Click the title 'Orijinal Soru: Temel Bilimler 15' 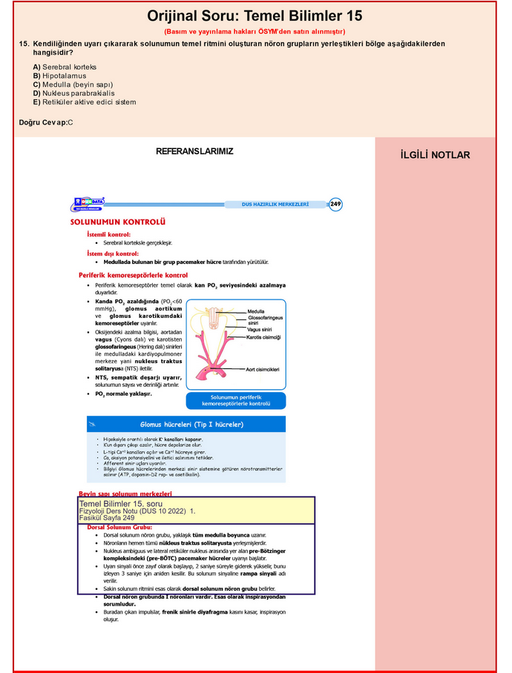255,16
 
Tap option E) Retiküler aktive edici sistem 84,102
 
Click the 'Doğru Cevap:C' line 46,122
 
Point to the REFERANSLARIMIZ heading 194,151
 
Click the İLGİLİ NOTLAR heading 435,155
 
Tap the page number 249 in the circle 335,204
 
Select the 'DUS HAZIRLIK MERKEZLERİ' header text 275,204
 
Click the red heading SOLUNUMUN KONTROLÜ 117,221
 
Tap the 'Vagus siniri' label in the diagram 260,329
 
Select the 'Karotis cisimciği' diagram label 264,337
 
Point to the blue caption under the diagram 236,400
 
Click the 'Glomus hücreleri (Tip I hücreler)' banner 191,425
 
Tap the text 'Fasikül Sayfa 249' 107,518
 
